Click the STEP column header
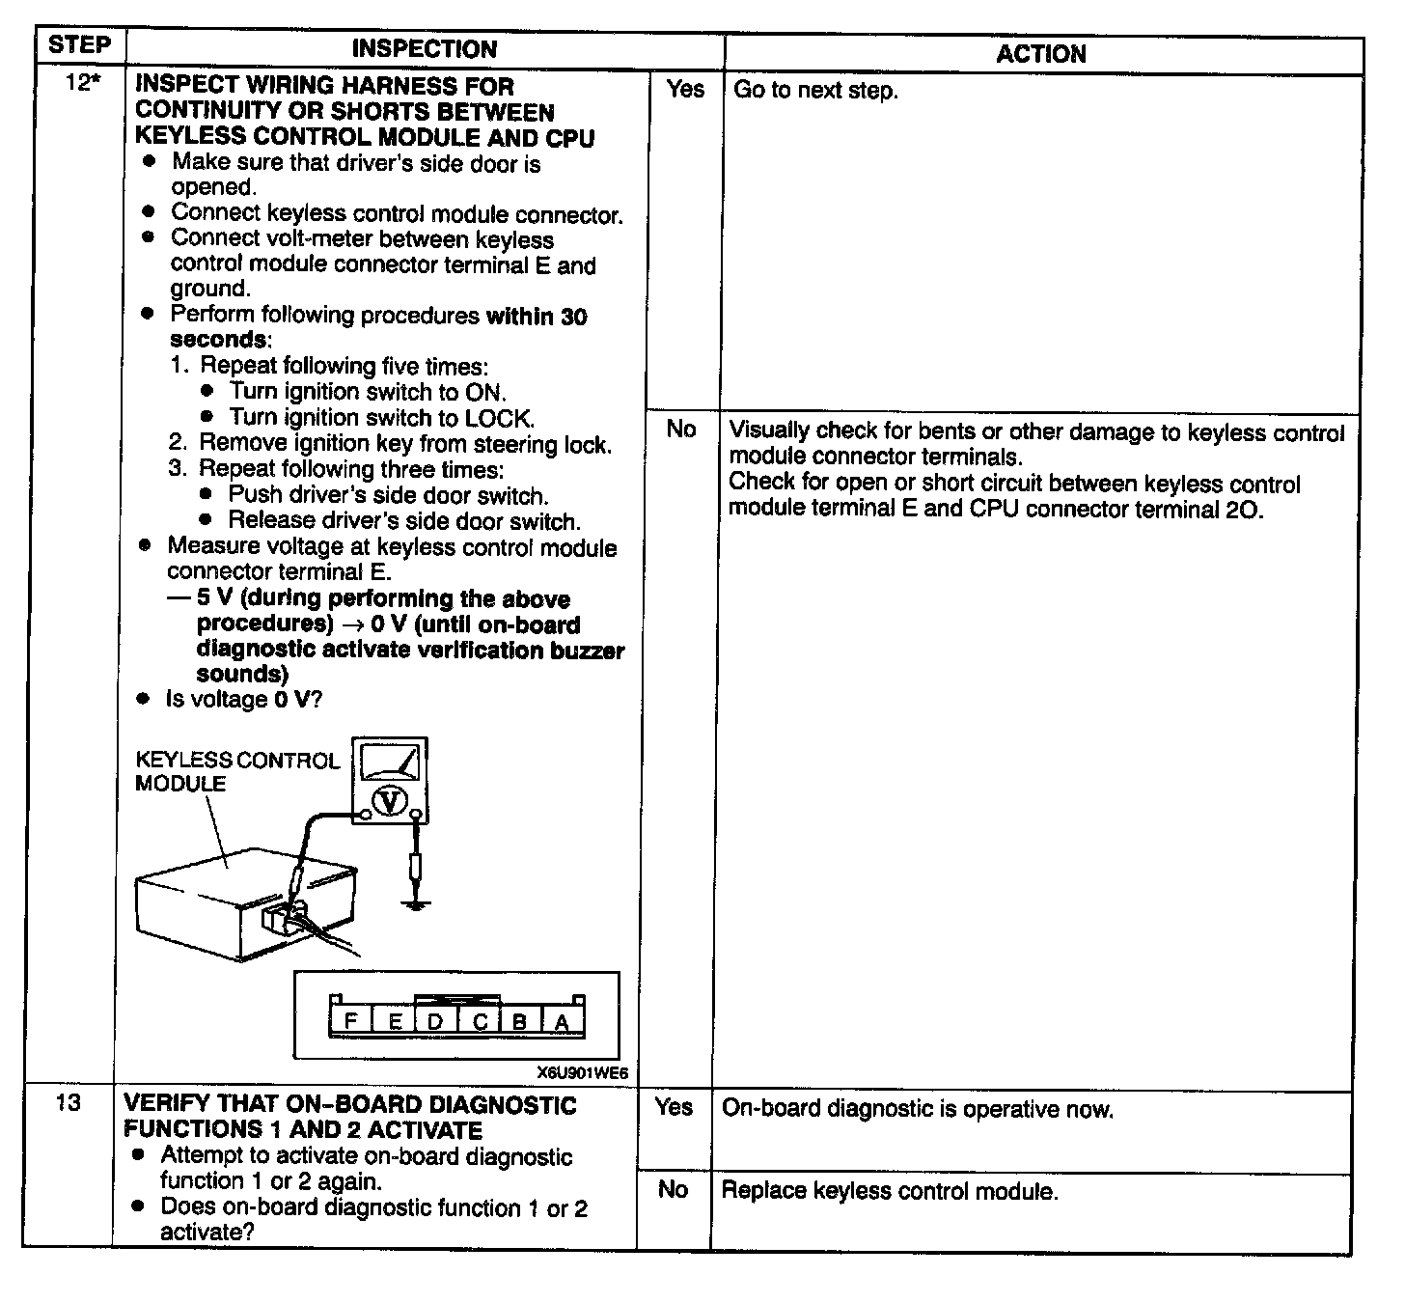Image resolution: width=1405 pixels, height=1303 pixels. click(x=79, y=45)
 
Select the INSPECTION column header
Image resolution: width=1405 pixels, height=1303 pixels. click(x=424, y=49)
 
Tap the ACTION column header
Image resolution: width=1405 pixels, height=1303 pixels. click(x=1041, y=54)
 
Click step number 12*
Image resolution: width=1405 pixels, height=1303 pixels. click(x=82, y=83)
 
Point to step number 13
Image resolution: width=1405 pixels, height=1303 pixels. click(x=69, y=1102)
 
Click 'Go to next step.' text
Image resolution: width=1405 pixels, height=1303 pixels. click(x=815, y=91)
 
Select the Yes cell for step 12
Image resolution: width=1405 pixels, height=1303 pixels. click(x=685, y=89)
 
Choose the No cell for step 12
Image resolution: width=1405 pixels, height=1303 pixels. click(x=681, y=429)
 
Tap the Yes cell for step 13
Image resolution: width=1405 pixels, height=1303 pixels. click(x=674, y=1107)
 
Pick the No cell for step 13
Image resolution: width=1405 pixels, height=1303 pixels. click(x=673, y=1189)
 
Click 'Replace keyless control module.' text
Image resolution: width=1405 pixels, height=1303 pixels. click(x=890, y=1191)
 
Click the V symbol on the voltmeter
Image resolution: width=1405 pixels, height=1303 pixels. click(x=390, y=801)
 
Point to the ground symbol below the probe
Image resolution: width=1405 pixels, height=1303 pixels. click(x=416, y=904)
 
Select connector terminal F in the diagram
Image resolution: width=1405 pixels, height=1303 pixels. click(x=350, y=1020)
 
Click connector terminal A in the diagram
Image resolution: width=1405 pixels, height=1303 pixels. click(x=562, y=1022)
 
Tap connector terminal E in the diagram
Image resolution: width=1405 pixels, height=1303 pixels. click(x=394, y=1021)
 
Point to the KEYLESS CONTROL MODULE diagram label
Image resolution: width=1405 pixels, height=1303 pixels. click(x=236, y=772)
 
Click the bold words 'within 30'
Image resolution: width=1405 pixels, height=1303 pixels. click(x=537, y=317)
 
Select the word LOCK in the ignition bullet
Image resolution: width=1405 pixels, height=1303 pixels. click(x=497, y=418)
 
